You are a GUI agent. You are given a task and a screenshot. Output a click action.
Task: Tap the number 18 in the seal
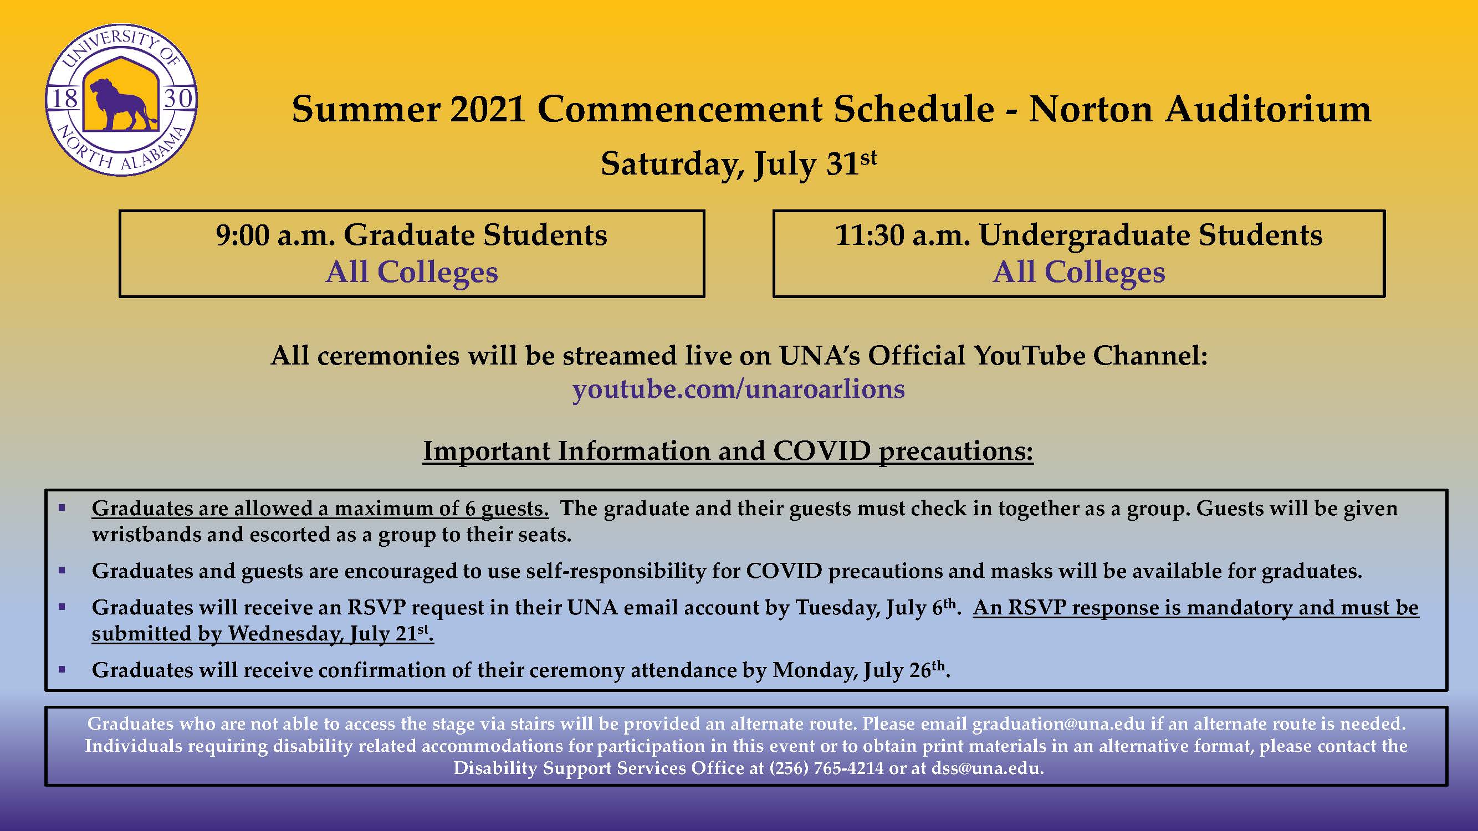click(64, 98)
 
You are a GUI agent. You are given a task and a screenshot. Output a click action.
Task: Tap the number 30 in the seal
click(178, 98)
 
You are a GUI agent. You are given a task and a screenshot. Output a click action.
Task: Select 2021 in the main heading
click(488, 109)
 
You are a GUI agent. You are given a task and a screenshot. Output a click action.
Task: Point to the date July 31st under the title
click(815, 163)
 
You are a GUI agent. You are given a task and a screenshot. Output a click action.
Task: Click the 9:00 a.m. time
click(275, 235)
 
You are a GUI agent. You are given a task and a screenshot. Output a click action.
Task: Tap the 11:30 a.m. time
click(903, 235)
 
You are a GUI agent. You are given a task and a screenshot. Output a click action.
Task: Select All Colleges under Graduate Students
click(412, 272)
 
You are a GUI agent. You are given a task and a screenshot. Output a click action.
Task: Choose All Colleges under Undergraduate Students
click(1078, 272)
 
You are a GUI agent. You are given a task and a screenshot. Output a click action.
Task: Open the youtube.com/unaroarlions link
click(738, 389)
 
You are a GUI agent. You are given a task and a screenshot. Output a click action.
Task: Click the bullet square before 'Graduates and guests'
click(62, 571)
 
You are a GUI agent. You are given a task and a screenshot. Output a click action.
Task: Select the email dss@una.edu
click(986, 768)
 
